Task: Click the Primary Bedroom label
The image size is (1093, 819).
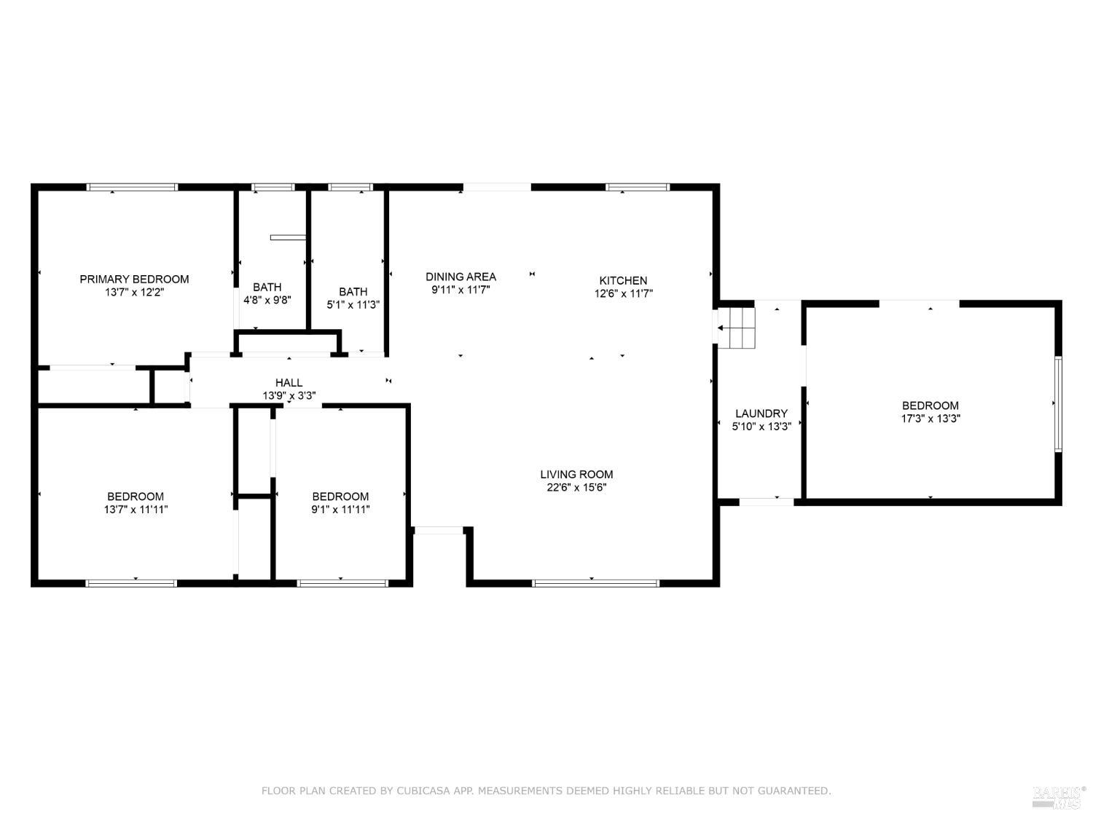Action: [x=134, y=279]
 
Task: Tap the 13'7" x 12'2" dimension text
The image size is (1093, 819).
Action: [x=134, y=292]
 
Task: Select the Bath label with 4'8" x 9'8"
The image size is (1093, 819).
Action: [x=267, y=287]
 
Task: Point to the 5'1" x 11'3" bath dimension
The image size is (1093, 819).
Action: [x=353, y=305]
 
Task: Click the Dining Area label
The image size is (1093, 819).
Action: [x=461, y=277]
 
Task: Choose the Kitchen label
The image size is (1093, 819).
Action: [x=623, y=280]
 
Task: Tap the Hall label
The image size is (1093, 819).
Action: [x=289, y=382]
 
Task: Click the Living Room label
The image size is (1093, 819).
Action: [x=576, y=475]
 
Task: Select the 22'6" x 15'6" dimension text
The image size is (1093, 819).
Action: [x=576, y=487]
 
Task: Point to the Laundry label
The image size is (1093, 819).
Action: [x=761, y=414]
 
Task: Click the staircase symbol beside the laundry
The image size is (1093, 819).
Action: [x=737, y=328]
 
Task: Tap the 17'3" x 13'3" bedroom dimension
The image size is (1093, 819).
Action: [x=931, y=418]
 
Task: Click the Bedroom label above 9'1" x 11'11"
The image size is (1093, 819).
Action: [x=340, y=496]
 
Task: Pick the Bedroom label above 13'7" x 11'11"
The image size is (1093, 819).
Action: [x=136, y=496]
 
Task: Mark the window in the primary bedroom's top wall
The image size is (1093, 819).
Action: [x=132, y=187]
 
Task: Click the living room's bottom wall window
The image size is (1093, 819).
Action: [x=595, y=583]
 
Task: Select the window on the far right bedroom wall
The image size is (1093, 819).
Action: [x=1059, y=404]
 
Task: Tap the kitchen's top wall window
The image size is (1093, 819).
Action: [x=638, y=187]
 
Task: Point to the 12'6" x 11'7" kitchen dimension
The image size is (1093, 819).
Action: [x=623, y=293]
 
